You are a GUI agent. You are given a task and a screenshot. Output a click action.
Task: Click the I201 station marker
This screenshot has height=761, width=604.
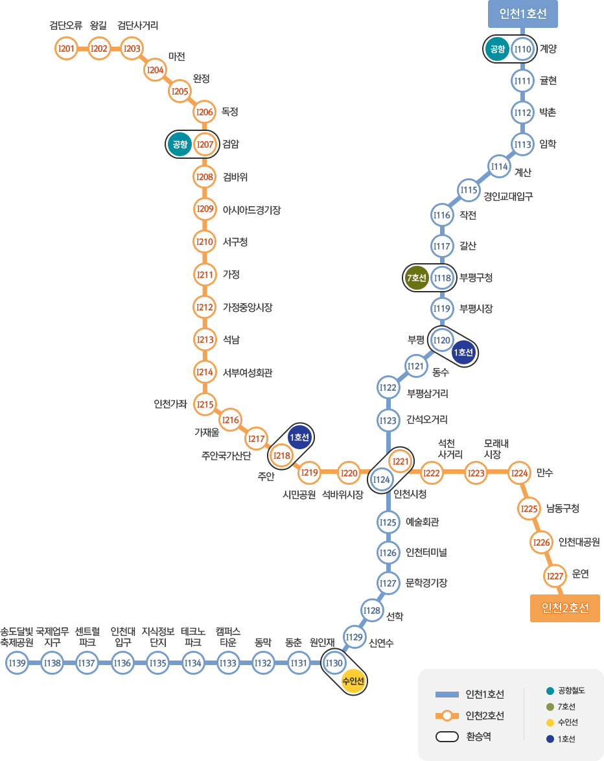pyautogui.click(x=66, y=49)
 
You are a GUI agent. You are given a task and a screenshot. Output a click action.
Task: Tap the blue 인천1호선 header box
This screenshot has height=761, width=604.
pyautogui.click(x=522, y=14)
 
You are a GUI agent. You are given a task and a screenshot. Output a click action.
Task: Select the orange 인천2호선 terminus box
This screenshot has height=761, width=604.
pyautogui.click(x=564, y=608)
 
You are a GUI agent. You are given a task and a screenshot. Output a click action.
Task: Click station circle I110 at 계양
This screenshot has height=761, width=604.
pyautogui.click(x=522, y=49)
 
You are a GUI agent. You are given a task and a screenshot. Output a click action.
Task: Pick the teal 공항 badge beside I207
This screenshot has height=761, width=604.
pyautogui.click(x=179, y=145)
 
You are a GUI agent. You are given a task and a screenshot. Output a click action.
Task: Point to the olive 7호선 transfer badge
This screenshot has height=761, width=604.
pyautogui.click(x=416, y=279)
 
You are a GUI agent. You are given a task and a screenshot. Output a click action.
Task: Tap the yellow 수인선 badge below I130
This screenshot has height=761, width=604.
pyautogui.click(x=353, y=681)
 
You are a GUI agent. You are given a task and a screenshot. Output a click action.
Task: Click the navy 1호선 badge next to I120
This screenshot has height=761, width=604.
pyautogui.click(x=464, y=352)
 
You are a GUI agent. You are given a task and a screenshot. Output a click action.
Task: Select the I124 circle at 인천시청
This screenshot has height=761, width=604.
pyautogui.click(x=382, y=480)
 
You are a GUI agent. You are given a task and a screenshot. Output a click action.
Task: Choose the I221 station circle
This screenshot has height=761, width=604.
pyautogui.click(x=401, y=461)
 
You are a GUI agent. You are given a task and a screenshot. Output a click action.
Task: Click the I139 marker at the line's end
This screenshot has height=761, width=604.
pyautogui.click(x=17, y=662)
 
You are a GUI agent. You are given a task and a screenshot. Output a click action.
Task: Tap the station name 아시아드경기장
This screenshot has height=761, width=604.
pyautogui.click(x=251, y=210)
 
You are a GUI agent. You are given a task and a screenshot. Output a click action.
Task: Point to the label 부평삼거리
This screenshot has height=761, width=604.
pyautogui.click(x=427, y=393)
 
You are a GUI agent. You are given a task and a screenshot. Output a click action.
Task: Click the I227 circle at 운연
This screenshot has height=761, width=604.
pyautogui.click(x=554, y=575)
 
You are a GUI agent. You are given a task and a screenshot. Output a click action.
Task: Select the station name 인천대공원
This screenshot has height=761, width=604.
pyautogui.click(x=579, y=542)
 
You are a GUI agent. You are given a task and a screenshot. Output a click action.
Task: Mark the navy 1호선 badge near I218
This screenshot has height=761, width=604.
pyautogui.click(x=299, y=438)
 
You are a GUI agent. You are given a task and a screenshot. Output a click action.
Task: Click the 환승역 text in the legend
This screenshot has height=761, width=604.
pyautogui.click(x=478, y=737)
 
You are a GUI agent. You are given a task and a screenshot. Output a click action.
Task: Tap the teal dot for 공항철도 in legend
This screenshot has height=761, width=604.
pyautogui.click(x=550, y=690)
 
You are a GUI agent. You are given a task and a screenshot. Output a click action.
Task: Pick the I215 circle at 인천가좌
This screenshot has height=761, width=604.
pyautogui.click(x=205, y=404)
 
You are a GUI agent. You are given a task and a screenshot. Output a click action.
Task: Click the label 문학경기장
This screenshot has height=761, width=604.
pyautogui.click(x=426, y=583)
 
